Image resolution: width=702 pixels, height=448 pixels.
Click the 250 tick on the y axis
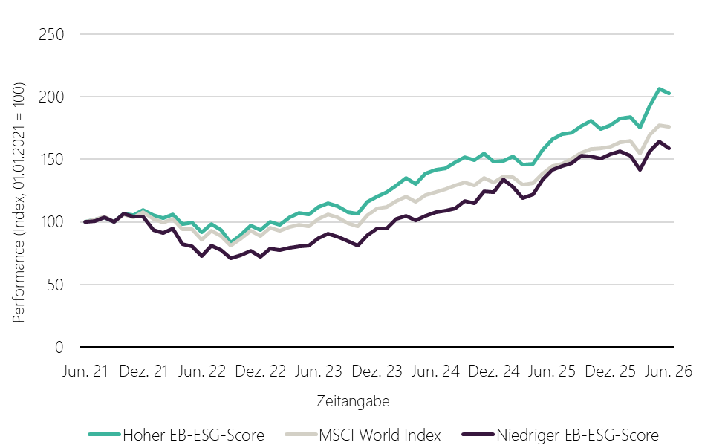51,34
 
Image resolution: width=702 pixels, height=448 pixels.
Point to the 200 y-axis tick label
51,97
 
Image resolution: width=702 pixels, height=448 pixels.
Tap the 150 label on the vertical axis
51,159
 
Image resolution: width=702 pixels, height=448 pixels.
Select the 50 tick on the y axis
56,285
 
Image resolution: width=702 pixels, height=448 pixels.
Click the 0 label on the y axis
59,347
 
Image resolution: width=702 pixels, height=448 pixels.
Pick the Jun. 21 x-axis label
85,371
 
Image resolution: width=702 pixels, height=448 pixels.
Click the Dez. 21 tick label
143,371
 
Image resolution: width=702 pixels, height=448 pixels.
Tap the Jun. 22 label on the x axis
202,371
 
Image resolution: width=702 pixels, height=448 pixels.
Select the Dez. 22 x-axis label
261,371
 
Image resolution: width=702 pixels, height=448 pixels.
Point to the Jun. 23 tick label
319,371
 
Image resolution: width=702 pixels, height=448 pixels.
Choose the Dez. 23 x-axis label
377,371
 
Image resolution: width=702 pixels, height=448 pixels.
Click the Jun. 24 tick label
435,371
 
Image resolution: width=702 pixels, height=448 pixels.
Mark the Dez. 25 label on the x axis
611,371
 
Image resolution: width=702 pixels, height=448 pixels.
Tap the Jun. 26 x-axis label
669,371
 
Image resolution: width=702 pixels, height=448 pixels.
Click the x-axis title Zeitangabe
354,401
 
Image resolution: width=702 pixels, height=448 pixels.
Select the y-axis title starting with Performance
19,202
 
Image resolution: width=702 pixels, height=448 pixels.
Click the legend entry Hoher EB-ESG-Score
176,435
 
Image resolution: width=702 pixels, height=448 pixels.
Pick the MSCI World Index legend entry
363,435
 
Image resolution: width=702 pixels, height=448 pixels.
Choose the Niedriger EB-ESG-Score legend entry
561,435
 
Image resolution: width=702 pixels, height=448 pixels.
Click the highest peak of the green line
659,88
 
